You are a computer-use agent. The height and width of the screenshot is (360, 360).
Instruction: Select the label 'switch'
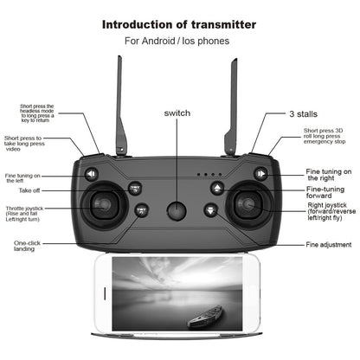tap(178, 113)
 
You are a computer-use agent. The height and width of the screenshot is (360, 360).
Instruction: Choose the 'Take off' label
tap(30, 189)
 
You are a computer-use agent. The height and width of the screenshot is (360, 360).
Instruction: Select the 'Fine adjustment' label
tap(328, 245)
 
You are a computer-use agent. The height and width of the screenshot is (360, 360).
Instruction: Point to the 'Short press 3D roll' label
tap(327, 135)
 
